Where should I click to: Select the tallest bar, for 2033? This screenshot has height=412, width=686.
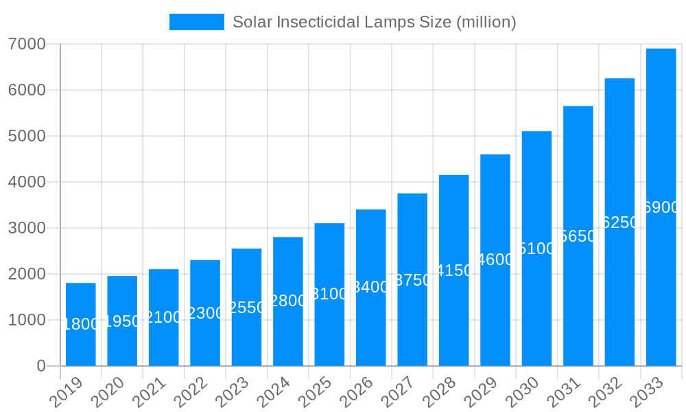[661, 207]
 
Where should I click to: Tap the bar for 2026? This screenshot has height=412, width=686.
[370, 288]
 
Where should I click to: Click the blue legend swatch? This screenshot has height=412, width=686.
[197, 22]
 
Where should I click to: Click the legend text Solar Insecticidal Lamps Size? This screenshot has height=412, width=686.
[374, 22]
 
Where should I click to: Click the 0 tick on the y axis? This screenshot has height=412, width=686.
[41, 366]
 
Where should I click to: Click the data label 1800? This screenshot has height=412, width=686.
[81, 324]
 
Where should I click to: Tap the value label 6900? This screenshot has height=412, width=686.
[661, 207]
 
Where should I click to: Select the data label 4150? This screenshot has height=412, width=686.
[454, 271]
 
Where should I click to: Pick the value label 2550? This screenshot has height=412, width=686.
[246, 307]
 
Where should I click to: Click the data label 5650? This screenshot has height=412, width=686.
[578, 236]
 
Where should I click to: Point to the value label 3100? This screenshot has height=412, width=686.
[329, 294]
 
